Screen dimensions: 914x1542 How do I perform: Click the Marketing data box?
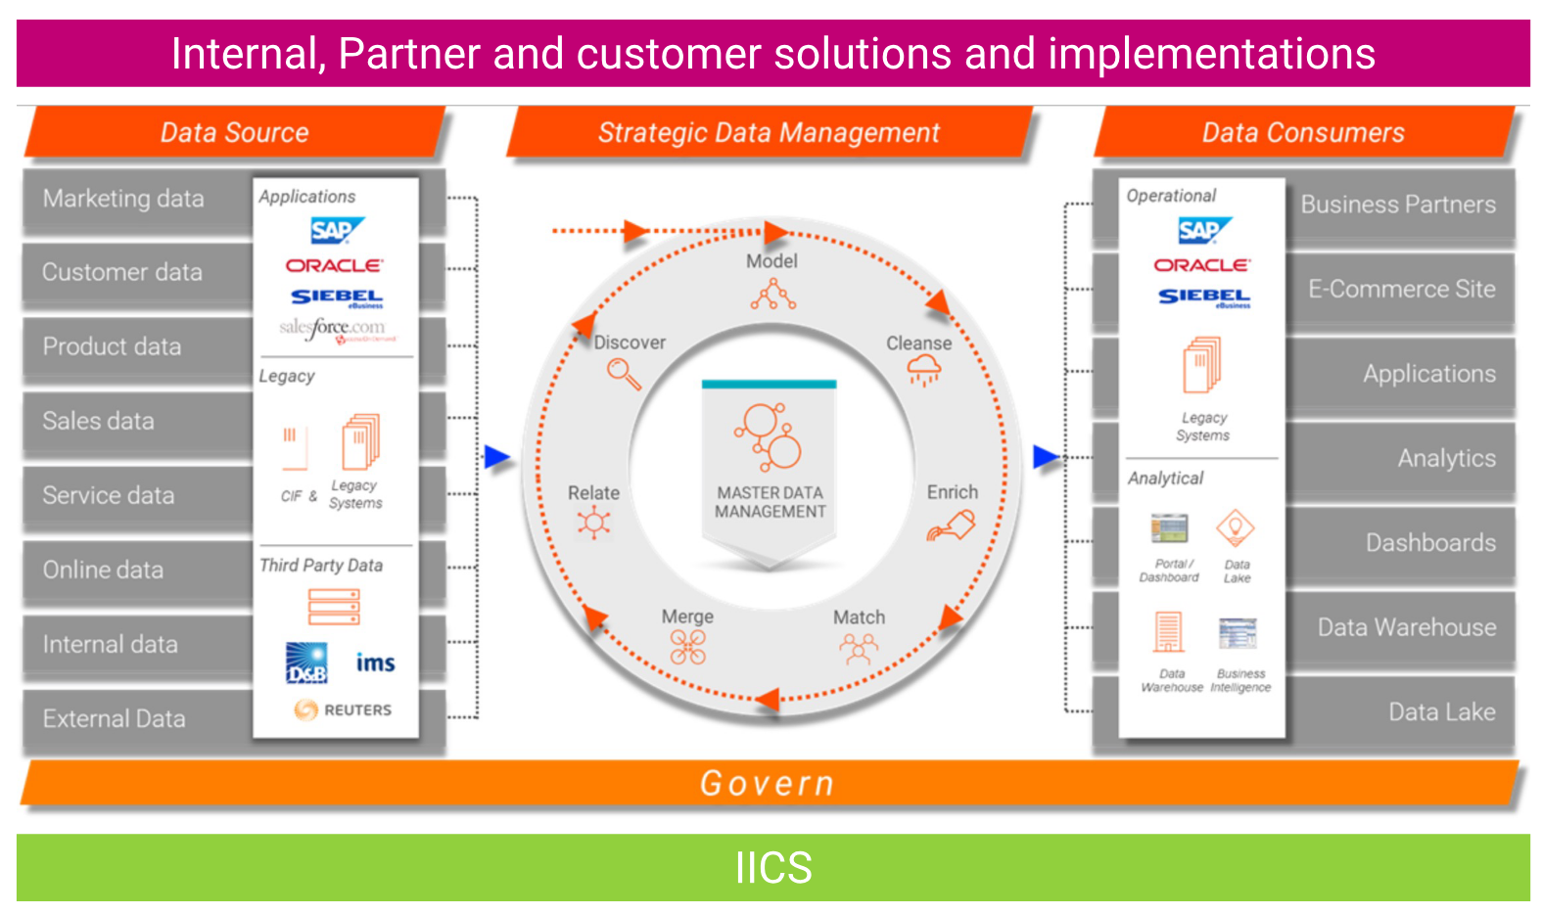click(x=124, y=199)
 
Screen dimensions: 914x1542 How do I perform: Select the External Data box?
click(x=115, y=719)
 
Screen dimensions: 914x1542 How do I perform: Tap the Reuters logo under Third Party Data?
click(x=343, y=709)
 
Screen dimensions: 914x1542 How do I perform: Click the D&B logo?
click(x=306, y=663)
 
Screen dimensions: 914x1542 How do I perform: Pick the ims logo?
click(x=375, y=663)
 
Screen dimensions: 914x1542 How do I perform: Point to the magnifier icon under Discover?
click(x=624, y=374)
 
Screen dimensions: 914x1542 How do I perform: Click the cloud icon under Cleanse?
click(x=923, y=370)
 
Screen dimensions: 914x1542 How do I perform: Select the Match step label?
click(x=859, y=617)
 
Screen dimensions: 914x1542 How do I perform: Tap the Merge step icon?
click(x=687, y=647)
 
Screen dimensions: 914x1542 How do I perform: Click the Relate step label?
click(x=593, y=493)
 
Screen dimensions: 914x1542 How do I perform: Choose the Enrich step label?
click(x=952, y=492)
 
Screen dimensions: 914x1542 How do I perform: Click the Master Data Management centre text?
click(x=770, y=502)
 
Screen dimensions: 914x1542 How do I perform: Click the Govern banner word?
click(x=768, y=784)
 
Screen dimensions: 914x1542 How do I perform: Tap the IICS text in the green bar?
click(x=773, y=868)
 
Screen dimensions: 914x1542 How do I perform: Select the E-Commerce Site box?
click(x=1401, y=289)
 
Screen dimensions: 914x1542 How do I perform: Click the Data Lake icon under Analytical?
click(x=1236, y=528)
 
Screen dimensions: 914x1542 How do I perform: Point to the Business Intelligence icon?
click(x=1238, y=634)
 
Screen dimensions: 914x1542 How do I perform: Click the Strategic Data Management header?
click(x=769, y=133)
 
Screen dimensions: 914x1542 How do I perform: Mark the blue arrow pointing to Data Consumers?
click(x=1046, y=457)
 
